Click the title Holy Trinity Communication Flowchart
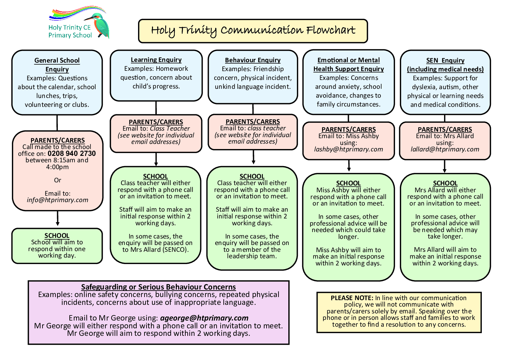[253, 31]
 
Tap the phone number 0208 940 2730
[72, 153]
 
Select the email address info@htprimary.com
[57, 200]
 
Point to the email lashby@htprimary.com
[349, 149]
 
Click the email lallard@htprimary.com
[445, 149]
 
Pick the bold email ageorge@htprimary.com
[204, 318]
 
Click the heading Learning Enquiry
[156, 60]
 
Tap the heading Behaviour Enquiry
[253, 60]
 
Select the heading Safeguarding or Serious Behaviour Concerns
[158, 287]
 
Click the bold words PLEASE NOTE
[352, 298]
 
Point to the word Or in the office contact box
[57, 180]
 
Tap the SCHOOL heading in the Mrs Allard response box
[445, 183]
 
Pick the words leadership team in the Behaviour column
[252, 256]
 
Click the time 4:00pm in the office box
[57, 167]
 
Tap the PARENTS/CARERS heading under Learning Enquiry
[156, 122]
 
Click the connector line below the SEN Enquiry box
[445, 118]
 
